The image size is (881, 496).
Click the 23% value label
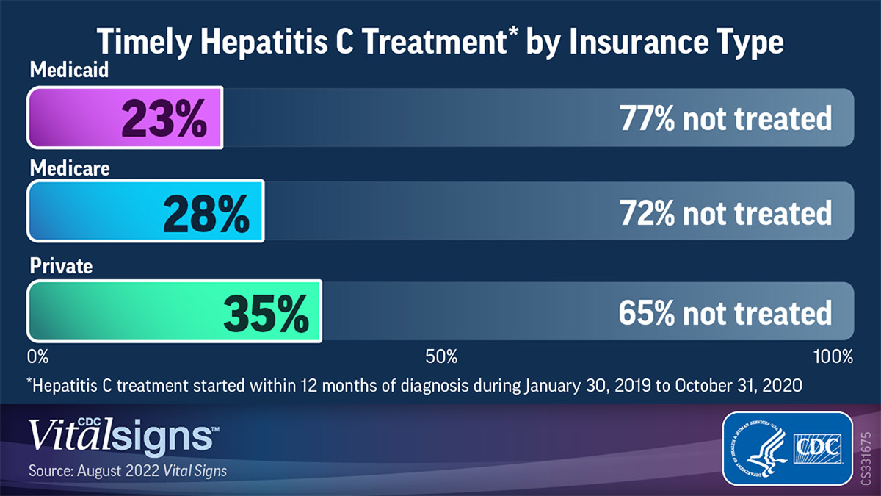(164, 119)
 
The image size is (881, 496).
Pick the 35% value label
(265, 313)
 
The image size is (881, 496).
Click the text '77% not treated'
(725, 118)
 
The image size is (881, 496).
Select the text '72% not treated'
(725, 212)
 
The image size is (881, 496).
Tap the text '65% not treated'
(725, 313)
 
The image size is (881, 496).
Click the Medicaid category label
(69, 71)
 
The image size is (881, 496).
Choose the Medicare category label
(70, 168)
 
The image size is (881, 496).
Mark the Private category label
(61, 265)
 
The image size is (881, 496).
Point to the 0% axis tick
(37, 358)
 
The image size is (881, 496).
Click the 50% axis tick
(441, 358)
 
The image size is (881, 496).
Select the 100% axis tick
(833, 358)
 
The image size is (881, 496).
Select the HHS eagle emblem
(756, 448)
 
